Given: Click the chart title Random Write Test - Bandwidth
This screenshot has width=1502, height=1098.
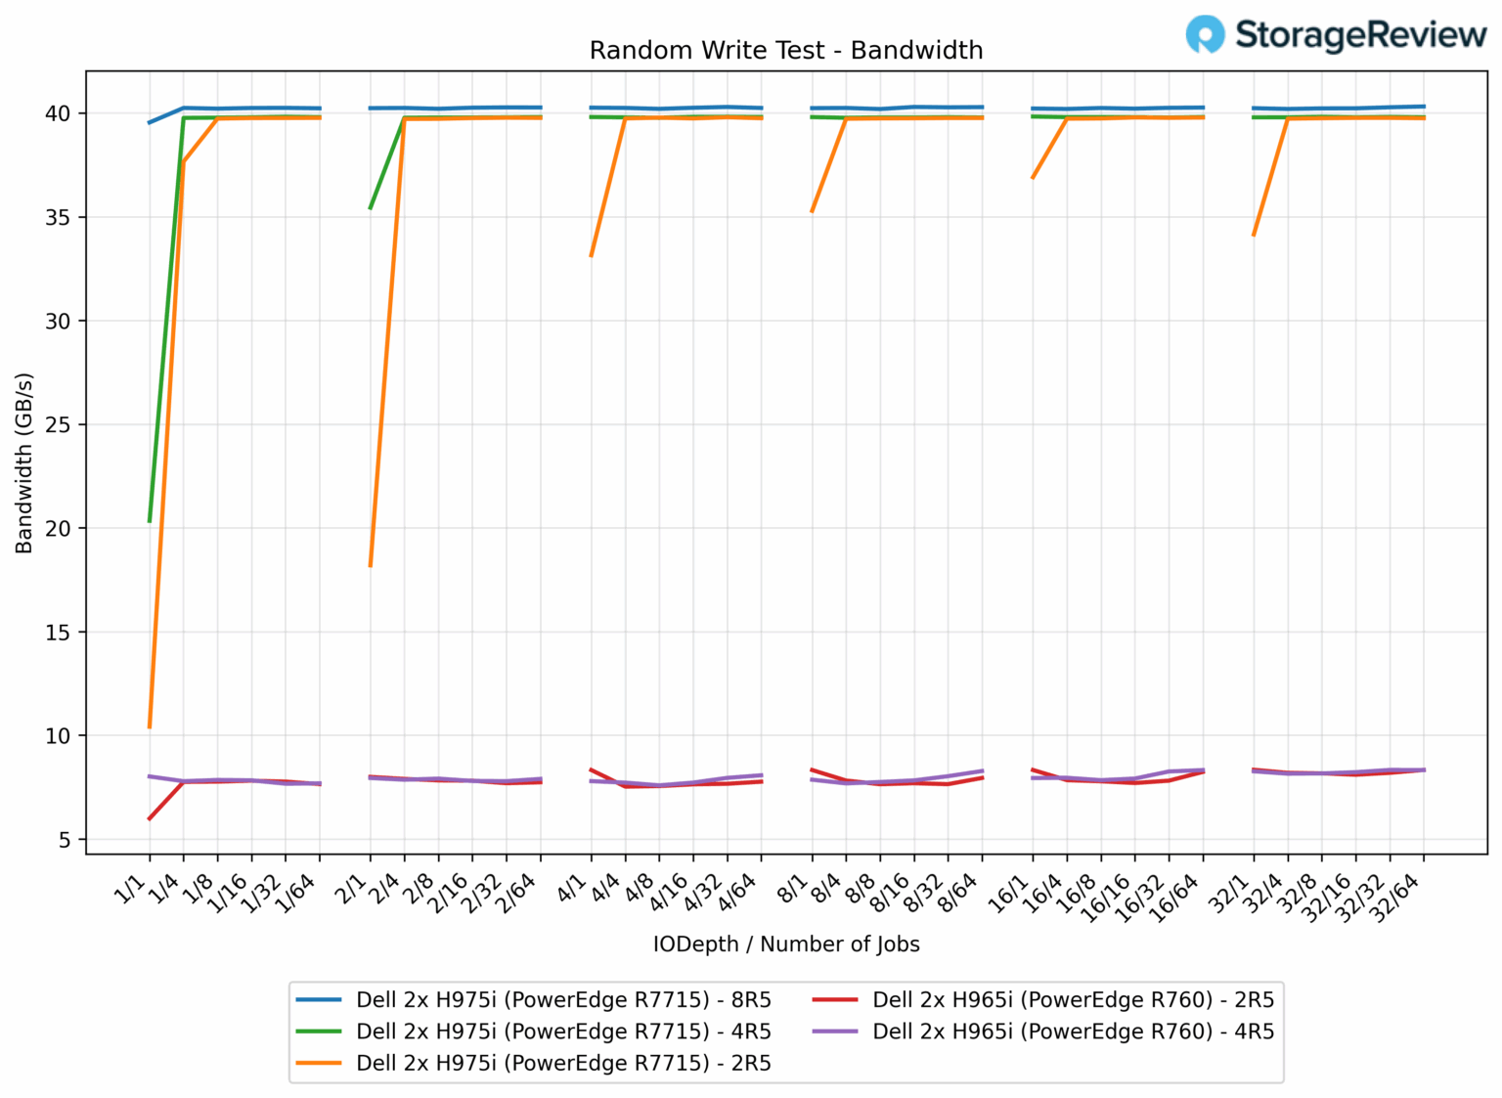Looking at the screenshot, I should tap(785, 51).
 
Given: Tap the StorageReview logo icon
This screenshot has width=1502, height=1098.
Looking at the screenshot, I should tap(1205, 34).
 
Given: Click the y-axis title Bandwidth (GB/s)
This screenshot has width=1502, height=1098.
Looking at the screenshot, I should tap(24, 462).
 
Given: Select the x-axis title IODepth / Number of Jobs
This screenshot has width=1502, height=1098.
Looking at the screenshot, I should tap(786, 944).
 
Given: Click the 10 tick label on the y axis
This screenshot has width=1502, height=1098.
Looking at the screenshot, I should tap(58, 736).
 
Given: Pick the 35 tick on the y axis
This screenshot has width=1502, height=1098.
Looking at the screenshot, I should tap(58, 217).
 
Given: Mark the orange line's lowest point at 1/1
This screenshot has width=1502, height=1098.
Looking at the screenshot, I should tap(150, 727).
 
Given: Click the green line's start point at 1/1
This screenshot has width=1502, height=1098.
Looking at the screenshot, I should tap(150, 521).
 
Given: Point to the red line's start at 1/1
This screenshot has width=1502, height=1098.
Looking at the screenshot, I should tap(150, 818).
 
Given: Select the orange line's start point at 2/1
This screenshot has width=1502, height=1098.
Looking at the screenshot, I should tap(370, 566).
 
